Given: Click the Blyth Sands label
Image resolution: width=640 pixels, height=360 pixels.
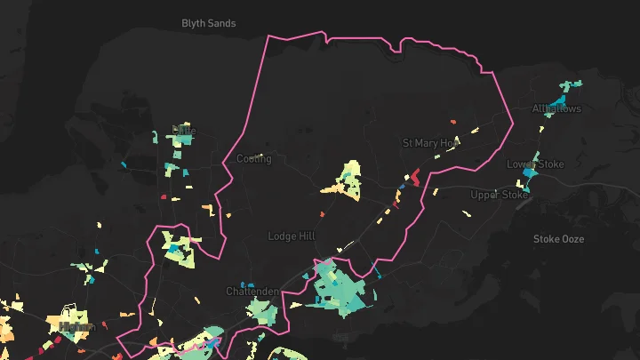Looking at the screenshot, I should pyautogui.click(x=208, y=23).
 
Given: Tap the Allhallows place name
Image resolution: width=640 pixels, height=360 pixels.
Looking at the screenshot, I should pyautogui.click(x=556, y=109).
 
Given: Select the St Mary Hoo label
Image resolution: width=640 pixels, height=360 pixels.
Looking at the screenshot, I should pyautogui.click(x=430, y=142).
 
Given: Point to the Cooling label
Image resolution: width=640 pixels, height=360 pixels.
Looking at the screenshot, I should pyautogui.click(x=253, y=159).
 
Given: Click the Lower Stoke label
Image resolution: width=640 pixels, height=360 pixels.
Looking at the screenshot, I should pyautogui.click(x=530, y=164).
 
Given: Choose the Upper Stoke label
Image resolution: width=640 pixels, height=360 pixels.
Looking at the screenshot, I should pyautogui.click(x=499, y=195).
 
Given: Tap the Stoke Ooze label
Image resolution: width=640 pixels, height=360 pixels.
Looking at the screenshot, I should pyautogui.click(x=558, y=238).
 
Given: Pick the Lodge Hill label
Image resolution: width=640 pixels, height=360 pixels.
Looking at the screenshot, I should pyautogui.click(x=291, y=236).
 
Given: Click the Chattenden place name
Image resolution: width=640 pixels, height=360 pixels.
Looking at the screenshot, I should pyautogui.click(x=252, y=291).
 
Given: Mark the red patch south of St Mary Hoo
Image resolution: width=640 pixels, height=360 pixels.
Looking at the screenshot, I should pyautogui.click(x=413, y=176).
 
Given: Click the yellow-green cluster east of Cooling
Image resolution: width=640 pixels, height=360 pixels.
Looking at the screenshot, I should pyautogui.click(x=346, y=180).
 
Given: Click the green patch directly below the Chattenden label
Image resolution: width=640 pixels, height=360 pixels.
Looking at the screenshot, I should pyautogui.click(x=260, y=310).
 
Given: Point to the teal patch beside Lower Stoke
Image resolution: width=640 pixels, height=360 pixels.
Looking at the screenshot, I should pyautogui.click(x=531, y=180).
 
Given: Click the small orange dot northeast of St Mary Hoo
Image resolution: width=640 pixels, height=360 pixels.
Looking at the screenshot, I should pyautogui.click(x=453, y=122).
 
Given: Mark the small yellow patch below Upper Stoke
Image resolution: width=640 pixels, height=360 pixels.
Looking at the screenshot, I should pyautogui.click(x=467, y=213).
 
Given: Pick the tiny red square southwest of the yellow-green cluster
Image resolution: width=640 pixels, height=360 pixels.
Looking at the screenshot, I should pyautogui.click(x=323, y=213).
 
